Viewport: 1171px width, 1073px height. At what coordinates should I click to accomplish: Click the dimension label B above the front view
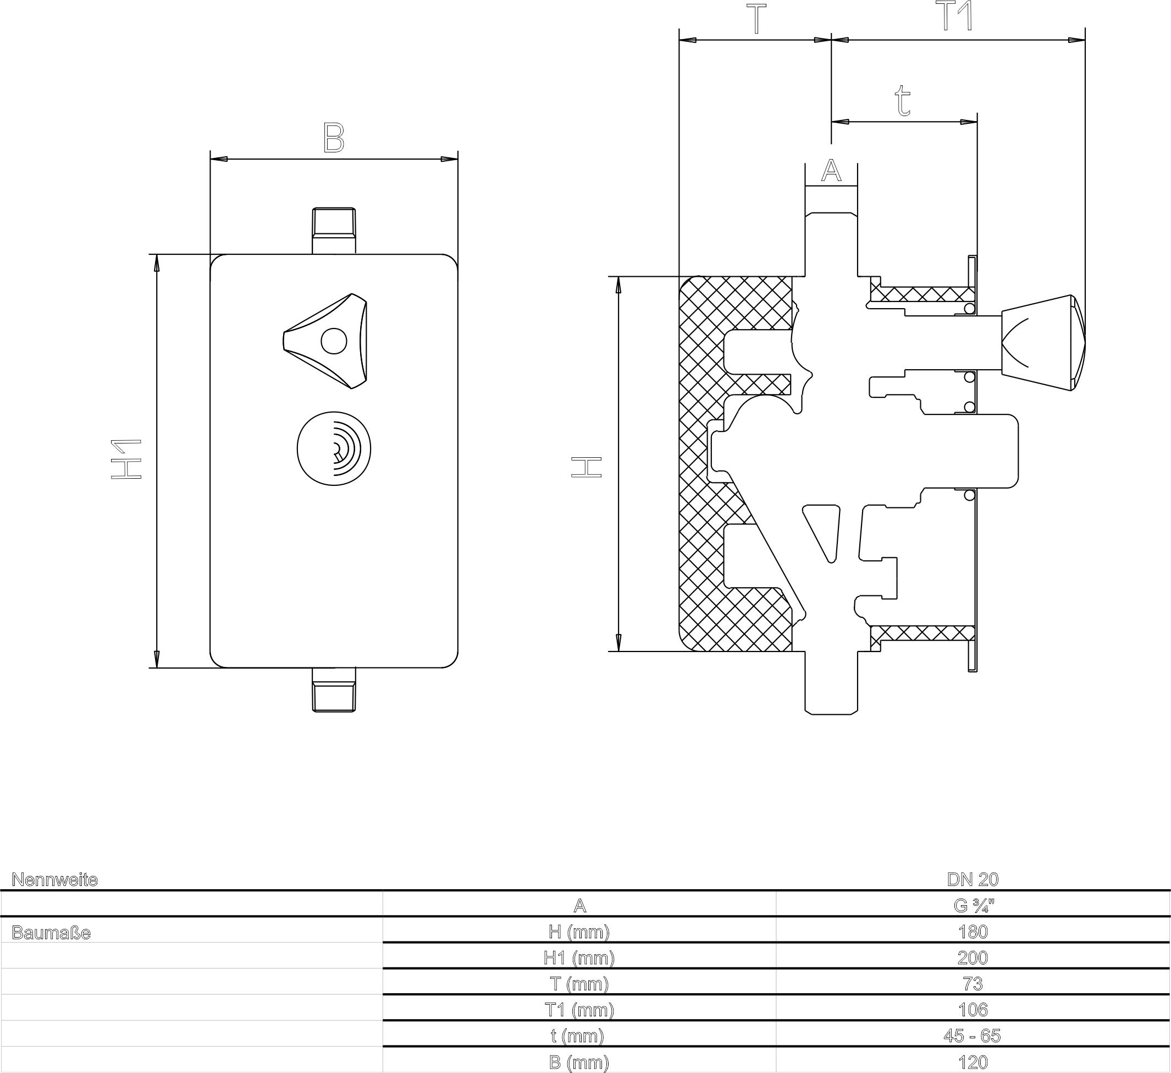click(x=334, y=138)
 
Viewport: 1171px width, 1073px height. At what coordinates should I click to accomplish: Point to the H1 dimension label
click(x=126, y=459)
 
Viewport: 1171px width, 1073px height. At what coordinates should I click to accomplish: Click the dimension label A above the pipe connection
click(x=831, y=171)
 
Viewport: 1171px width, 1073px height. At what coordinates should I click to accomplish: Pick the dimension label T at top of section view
click(x=756, y=20)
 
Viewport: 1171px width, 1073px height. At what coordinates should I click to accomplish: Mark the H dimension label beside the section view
click(x=587, y=467)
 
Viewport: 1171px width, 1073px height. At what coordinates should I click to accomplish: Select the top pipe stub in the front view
click(x=334, y=230)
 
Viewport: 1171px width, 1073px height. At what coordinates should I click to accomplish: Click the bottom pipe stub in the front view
click(x=334, y=689)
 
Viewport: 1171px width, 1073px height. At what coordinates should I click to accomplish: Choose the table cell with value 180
click(x=973, y=932)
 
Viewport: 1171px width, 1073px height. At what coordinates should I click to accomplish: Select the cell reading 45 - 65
click(x=973, y=1035)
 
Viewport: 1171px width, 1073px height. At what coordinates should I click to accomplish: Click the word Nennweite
click(x=54, y=879)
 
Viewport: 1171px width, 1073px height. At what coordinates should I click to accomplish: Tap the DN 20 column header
click(x=973, y=879)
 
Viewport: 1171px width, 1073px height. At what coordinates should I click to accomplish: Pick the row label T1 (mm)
click(x=579, y=1010)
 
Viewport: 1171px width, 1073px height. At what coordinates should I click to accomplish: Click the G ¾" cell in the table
click(x=973, y=906)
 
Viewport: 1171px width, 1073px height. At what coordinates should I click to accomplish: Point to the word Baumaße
click(x=51, y=933)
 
